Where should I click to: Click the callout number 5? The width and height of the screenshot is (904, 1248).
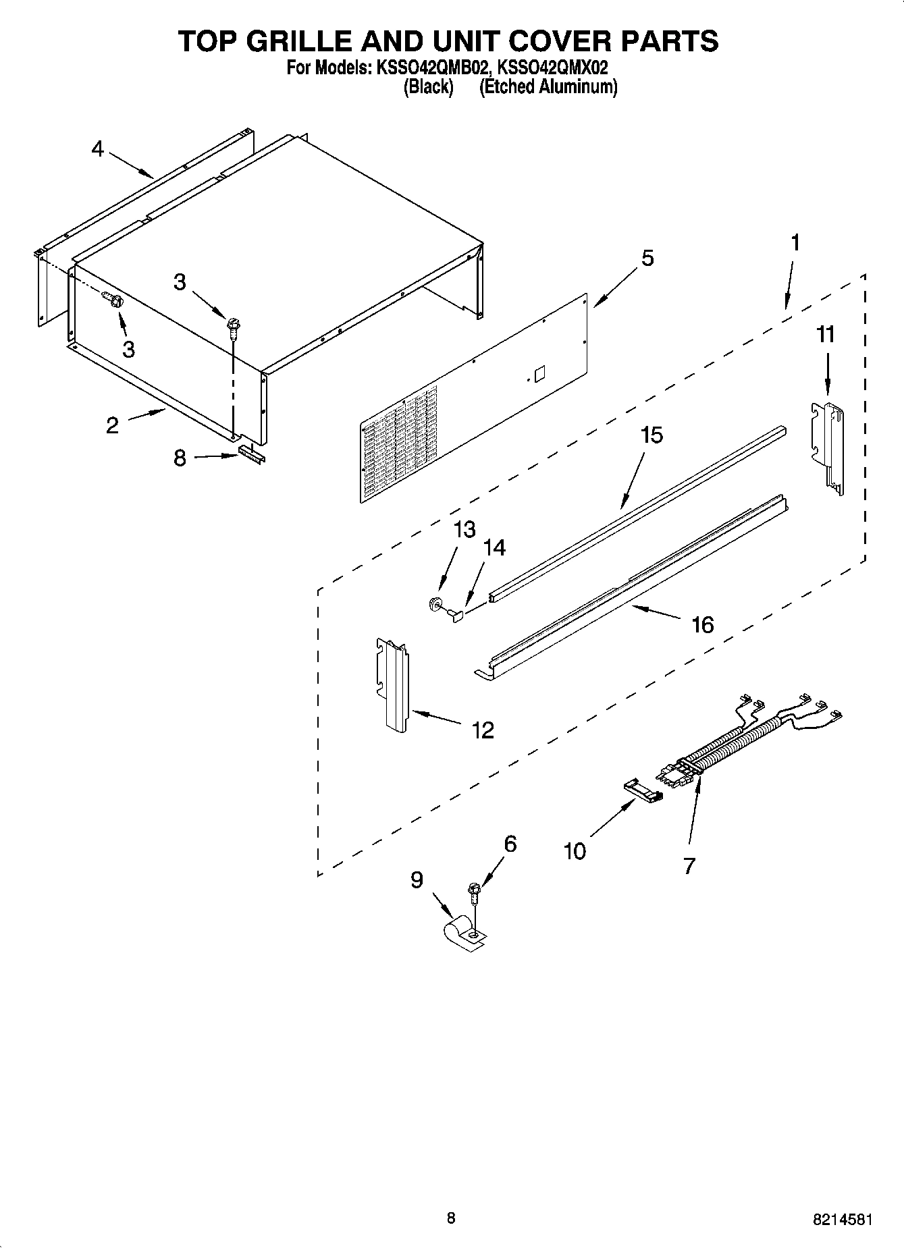pyautogui.click(x=647, y=259)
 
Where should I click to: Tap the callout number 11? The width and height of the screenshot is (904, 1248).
pyautogui.click(x=826, y=335)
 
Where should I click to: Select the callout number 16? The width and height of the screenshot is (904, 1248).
pyautogui.click(x=702, y=625)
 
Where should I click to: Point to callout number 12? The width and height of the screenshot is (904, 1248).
pyautogui.click(x=483, y=730)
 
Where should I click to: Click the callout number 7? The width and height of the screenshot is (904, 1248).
pyautogui.click(x=689, y=866)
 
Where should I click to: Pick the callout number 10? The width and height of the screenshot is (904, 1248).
pyautogui.click(x=575, y=852)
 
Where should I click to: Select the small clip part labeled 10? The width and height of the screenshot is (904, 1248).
pyautogui.click(x=642, y=790)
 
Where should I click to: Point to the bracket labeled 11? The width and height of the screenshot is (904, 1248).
pyautogui.click(x=828, y=445)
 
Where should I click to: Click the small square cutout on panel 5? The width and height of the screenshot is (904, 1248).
pyautogui.click(x=539, y=375)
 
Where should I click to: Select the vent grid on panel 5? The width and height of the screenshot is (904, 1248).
pyautogui.click(x=398, y=445)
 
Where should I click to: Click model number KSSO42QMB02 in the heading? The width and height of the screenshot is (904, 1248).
pyautogui.click(x=428, y=68)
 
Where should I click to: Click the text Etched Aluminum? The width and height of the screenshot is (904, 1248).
pyautogui.click(x=548, y=87)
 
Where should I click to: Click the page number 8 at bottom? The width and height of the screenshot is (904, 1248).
pyautogui.click(x=451, y=1218)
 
